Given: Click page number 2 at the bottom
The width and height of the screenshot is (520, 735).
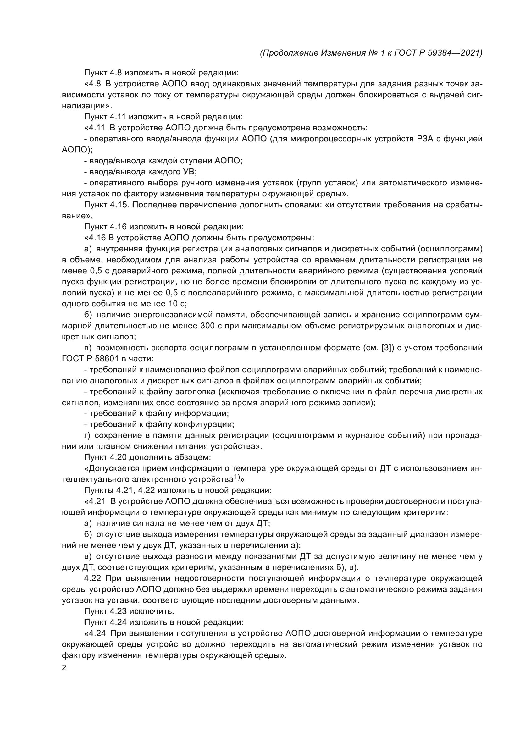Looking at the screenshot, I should point(64,668).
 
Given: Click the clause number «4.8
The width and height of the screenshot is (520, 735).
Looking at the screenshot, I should point(92,84).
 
